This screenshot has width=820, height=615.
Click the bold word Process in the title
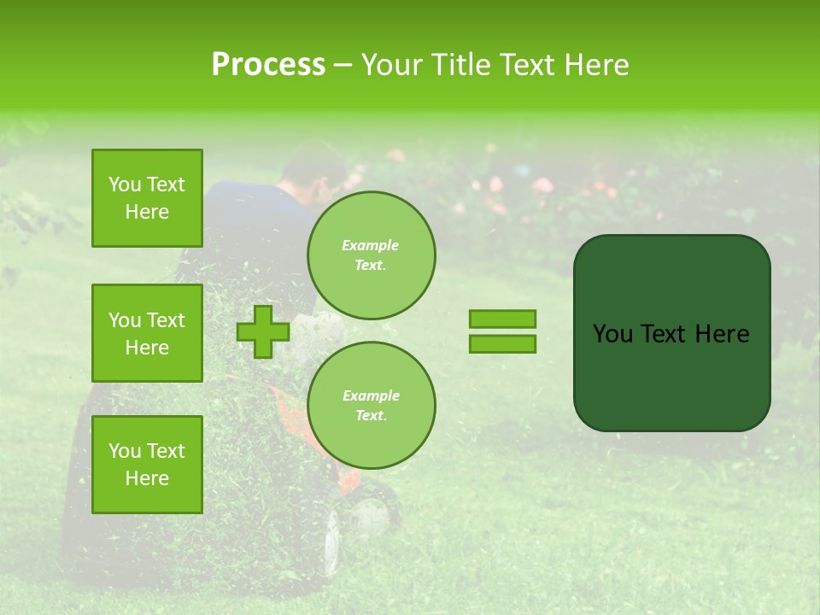pos(268,65)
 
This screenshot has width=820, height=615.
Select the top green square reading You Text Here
pos(147,198)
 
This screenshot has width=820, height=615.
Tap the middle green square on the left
pos(147,333)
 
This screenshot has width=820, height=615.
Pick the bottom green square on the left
pos(147,464)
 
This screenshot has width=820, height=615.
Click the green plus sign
pos(263,331)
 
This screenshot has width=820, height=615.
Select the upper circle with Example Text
pos(371,255)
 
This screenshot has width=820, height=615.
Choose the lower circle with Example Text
pos(371,405)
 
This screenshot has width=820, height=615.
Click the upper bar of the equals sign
pos(502,319)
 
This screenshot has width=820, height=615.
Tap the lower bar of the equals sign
pos(502,344)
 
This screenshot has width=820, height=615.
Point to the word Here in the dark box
pos(722,334)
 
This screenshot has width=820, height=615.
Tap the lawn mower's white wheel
pos(370,515)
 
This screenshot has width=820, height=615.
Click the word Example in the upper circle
pos(371,246)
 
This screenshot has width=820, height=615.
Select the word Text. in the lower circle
pos(371,416)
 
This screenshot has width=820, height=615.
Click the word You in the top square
pos(125,184)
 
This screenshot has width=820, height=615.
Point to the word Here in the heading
pos(597,65)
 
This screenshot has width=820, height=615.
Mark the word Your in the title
pos(394,65)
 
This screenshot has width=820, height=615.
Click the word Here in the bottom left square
pos(147,478)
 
